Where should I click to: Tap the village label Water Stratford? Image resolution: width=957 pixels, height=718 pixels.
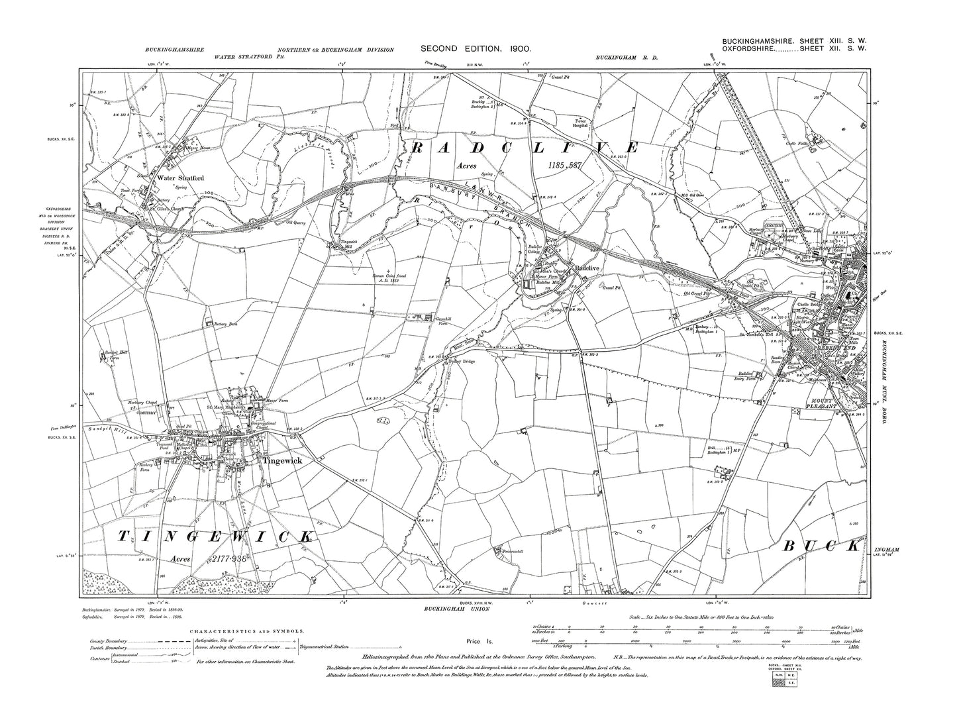click(x=180, y=178)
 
